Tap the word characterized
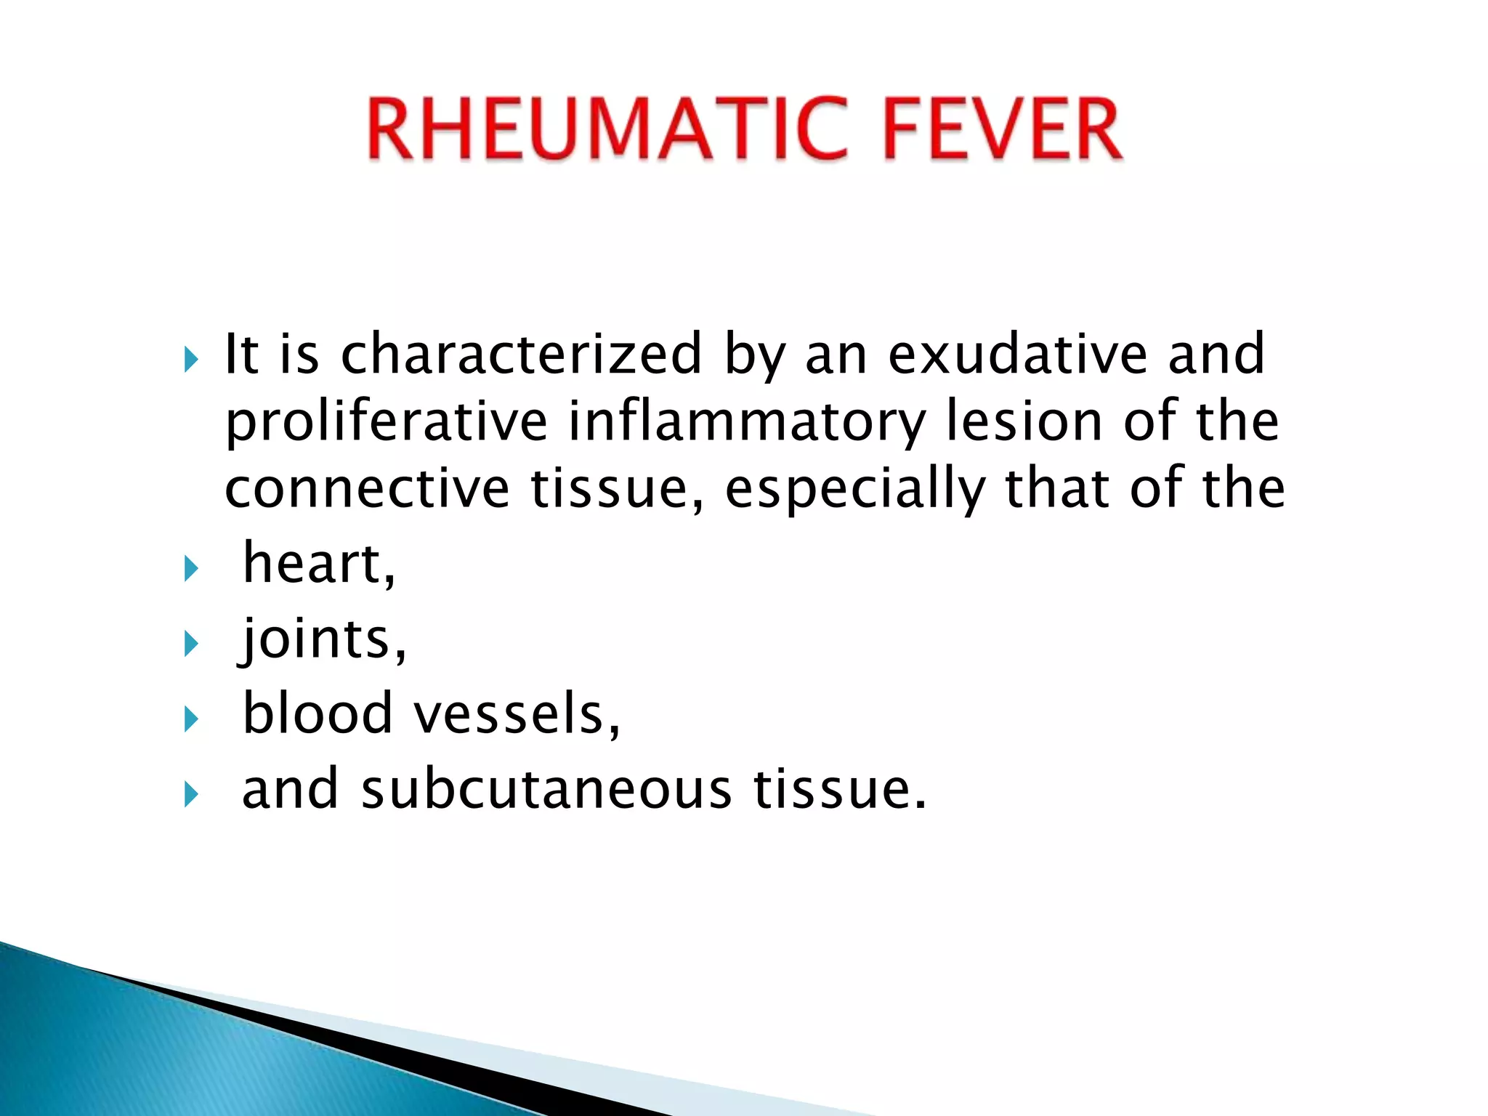(x=521, y=354)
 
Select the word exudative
(x=1017, y=354)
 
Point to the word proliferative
(x=386, y=422)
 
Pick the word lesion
(x=1025, y=421)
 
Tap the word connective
(x=367, y=488)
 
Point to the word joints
(x=323, y=639)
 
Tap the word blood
(x=317, y=713)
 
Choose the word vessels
(x=517, y=714)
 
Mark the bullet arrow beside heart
(x=191, y=567)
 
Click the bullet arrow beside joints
(x=191, y=643)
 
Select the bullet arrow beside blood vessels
(x=191, y=719)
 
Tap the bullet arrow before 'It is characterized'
(x=191, y=359)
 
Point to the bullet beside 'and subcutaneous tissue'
(x=191, y=793)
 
